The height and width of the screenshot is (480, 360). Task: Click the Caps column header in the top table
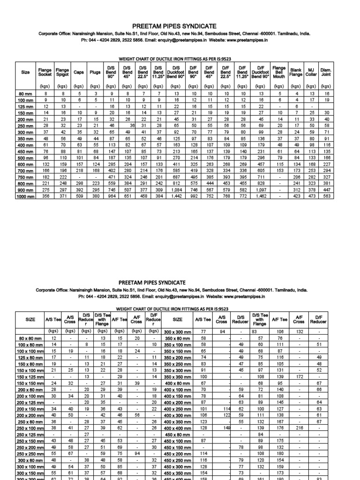pyautogui.click(x=79, y=73)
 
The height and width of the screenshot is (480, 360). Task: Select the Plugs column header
pyautogui.click(x=95, y=73)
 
